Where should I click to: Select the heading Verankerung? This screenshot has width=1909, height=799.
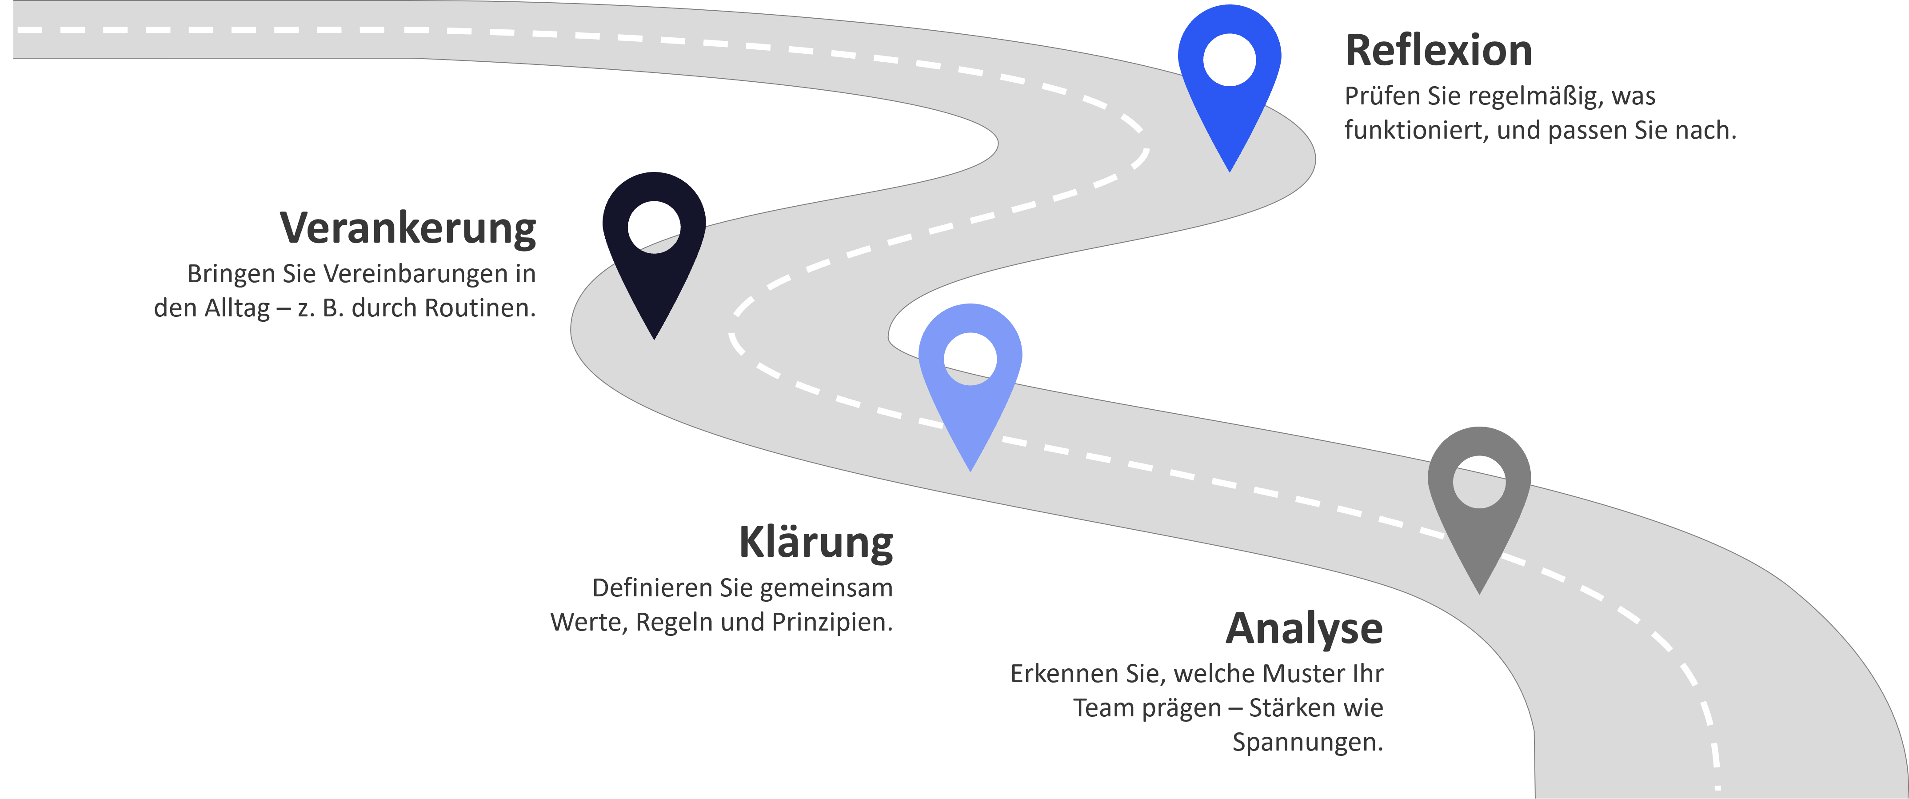[x=407, y=228]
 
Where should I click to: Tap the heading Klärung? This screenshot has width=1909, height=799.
[x=815, y=543]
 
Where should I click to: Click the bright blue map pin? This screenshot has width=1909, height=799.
[x=1230, y=96]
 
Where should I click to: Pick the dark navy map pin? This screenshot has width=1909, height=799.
[x=654, y=274]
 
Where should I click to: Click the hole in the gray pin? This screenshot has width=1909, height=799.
[x=1479, y=482]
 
